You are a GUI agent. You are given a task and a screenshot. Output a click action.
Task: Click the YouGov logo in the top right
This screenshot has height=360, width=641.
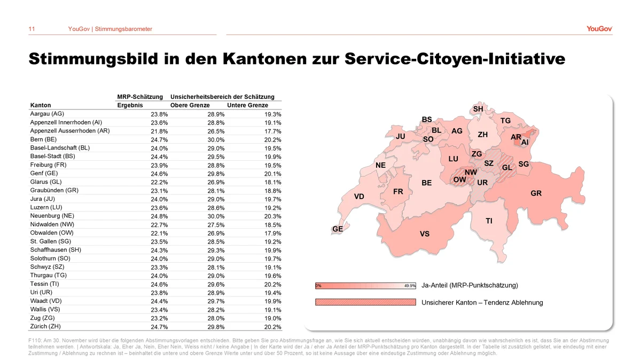[x=599, y=29]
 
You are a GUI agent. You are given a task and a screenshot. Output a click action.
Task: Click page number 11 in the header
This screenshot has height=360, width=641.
[x=32, y=29]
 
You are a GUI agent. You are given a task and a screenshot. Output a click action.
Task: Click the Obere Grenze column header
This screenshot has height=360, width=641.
[x=190, y=105]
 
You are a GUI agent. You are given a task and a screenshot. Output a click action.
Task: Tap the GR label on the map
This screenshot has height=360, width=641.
[x=536, y=193]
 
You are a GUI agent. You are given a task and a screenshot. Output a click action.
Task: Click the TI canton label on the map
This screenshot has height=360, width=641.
[x=489, y=221]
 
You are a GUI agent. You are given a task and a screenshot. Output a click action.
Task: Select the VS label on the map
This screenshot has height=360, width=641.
[x=425, y=234]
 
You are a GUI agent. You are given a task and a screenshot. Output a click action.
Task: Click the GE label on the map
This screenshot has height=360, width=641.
[x=338, y=229]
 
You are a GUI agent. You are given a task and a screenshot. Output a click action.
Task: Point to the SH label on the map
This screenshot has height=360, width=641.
[x=478, y=109]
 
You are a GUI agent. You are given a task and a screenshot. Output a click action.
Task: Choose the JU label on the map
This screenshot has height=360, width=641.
[x=401, y=137]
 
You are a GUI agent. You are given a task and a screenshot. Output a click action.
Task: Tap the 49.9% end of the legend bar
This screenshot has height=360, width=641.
[x=410, y=286]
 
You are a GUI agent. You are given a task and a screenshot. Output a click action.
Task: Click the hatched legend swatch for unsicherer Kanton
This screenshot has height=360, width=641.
[x=365, y=302]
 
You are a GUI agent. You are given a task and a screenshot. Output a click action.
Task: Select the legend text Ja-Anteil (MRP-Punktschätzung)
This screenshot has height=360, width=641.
[x=470, y=285]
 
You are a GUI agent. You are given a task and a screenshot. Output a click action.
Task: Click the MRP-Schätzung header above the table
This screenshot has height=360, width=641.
[x=140, y=97]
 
